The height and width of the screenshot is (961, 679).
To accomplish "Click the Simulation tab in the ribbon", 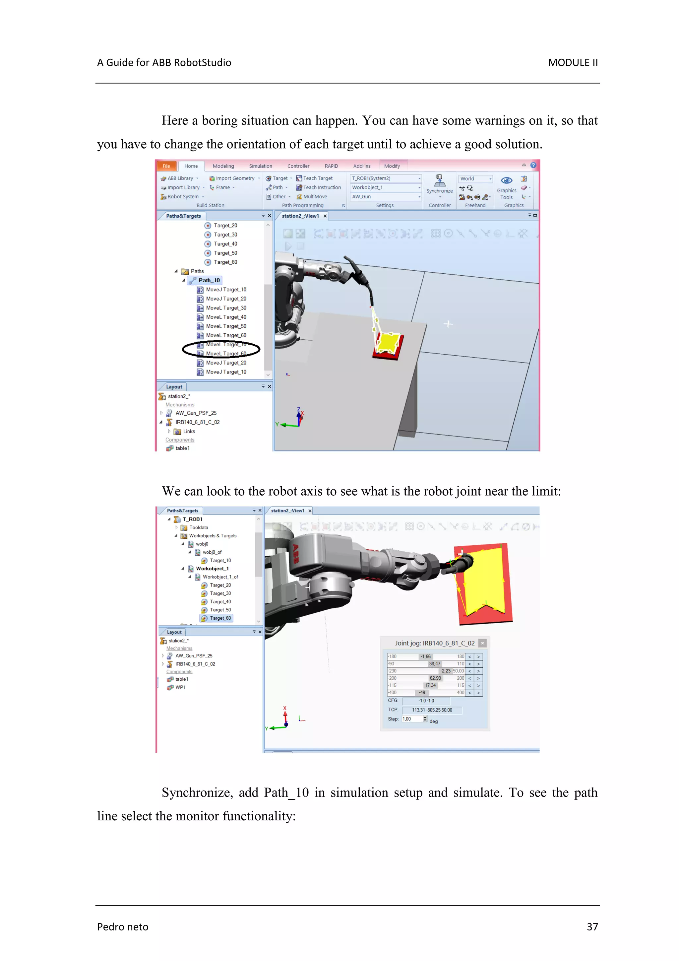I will (x=260, y=166).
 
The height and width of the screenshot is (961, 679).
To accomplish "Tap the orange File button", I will (x=166, y=166).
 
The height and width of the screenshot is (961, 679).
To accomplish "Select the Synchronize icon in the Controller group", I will (x=439, y=181).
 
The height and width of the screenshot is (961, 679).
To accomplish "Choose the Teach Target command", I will (x=317, y=178).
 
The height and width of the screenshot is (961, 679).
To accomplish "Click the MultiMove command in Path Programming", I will (x=315, y=197).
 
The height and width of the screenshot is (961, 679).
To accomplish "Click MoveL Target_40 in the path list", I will (x=226, y=317).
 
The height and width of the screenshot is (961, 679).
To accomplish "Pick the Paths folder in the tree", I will (x=197, y=271).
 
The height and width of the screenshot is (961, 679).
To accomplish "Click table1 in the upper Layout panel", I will (x=182, y=448).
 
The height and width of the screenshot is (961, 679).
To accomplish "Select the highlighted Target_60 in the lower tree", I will (x=220, y=618).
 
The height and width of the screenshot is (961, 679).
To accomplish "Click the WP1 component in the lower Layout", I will (x=180, y=687).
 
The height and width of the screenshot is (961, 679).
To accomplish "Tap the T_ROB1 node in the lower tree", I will (x=192, y=519).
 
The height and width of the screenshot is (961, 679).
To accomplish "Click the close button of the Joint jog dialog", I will (x=482, y=643).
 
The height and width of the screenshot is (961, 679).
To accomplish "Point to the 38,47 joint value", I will (x=434, y=664).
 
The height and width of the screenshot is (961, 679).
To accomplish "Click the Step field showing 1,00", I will (x=412, y=719).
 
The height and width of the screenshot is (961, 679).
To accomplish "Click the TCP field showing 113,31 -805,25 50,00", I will (x=432, y=710).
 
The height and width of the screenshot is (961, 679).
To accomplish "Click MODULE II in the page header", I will (x=572, y=63).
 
